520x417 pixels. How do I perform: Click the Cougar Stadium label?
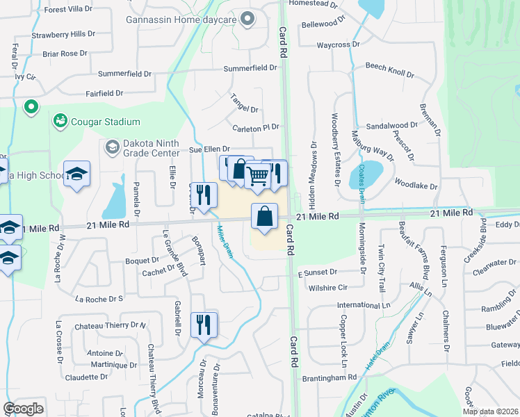point(105,122)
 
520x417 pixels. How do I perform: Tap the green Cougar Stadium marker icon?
point(60,122)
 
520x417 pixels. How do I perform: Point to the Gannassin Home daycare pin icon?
point(246,19)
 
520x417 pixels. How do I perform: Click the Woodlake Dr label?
point(416,186)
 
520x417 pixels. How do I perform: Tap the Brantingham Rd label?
point(330,377)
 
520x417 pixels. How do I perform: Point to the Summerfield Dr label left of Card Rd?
point(250,68)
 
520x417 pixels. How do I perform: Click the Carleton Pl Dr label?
point(255,128)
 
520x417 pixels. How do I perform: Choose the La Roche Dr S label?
point(98,299)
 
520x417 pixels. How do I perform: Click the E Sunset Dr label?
point(318,272)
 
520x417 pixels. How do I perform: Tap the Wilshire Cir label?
point(327,287)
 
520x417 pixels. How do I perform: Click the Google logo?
point(24,408)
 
